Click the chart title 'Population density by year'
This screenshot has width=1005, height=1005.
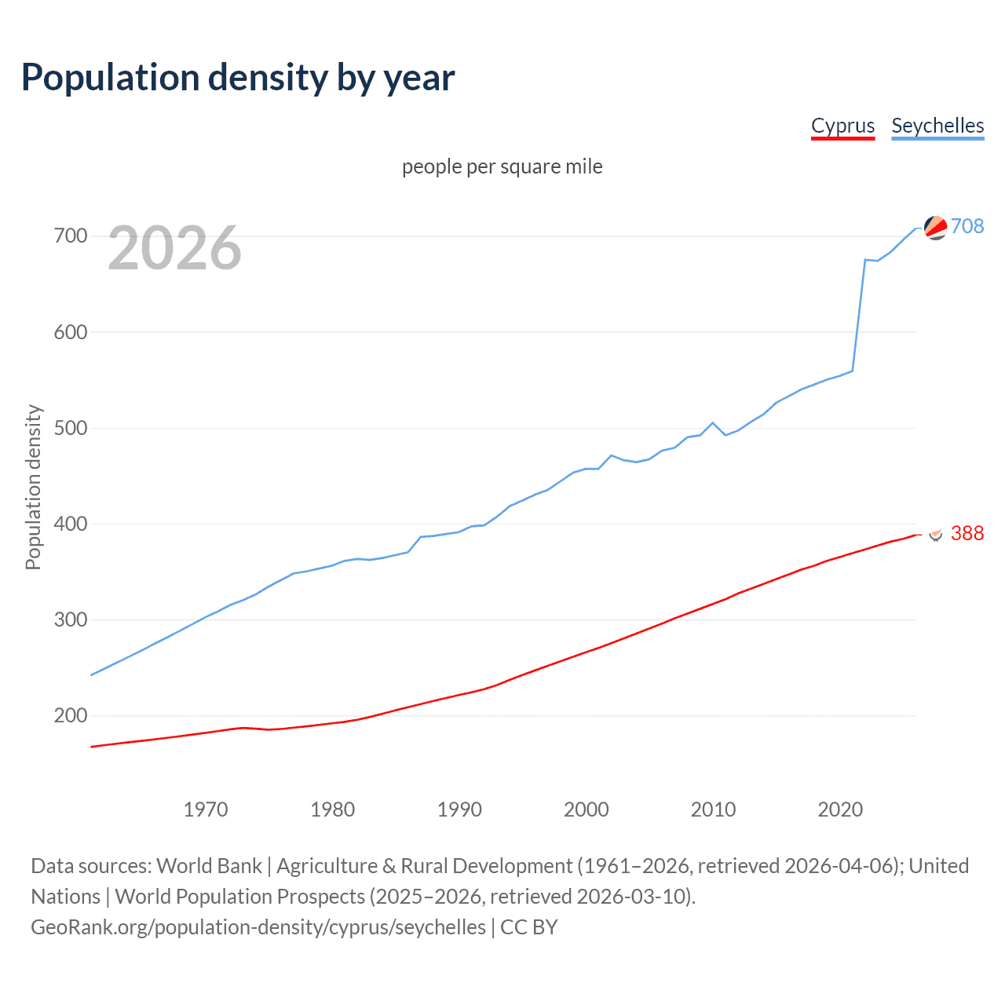238,78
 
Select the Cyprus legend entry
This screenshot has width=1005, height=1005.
842,126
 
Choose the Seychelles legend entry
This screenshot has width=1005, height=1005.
937,126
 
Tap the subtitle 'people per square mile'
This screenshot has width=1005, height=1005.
502,166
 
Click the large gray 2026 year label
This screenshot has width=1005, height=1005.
174,248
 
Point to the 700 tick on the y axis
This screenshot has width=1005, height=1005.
70,236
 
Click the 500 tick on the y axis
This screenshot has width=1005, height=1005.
70,428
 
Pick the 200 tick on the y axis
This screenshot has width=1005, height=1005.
70,715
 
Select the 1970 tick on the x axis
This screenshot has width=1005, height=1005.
206,809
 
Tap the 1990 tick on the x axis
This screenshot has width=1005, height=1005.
459,809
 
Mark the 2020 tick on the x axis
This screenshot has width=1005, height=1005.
840,809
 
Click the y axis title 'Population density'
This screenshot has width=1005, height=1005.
33,487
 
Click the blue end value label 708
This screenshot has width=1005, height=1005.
967,226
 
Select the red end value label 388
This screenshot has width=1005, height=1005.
967,533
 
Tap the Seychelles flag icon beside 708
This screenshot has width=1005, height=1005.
935,228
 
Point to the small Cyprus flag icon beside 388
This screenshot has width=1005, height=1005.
935,533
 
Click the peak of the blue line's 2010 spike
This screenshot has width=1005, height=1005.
713,422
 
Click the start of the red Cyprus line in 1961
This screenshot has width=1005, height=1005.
92,747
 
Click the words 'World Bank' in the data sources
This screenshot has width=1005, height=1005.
209,865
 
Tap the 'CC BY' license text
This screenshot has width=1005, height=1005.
528,926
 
